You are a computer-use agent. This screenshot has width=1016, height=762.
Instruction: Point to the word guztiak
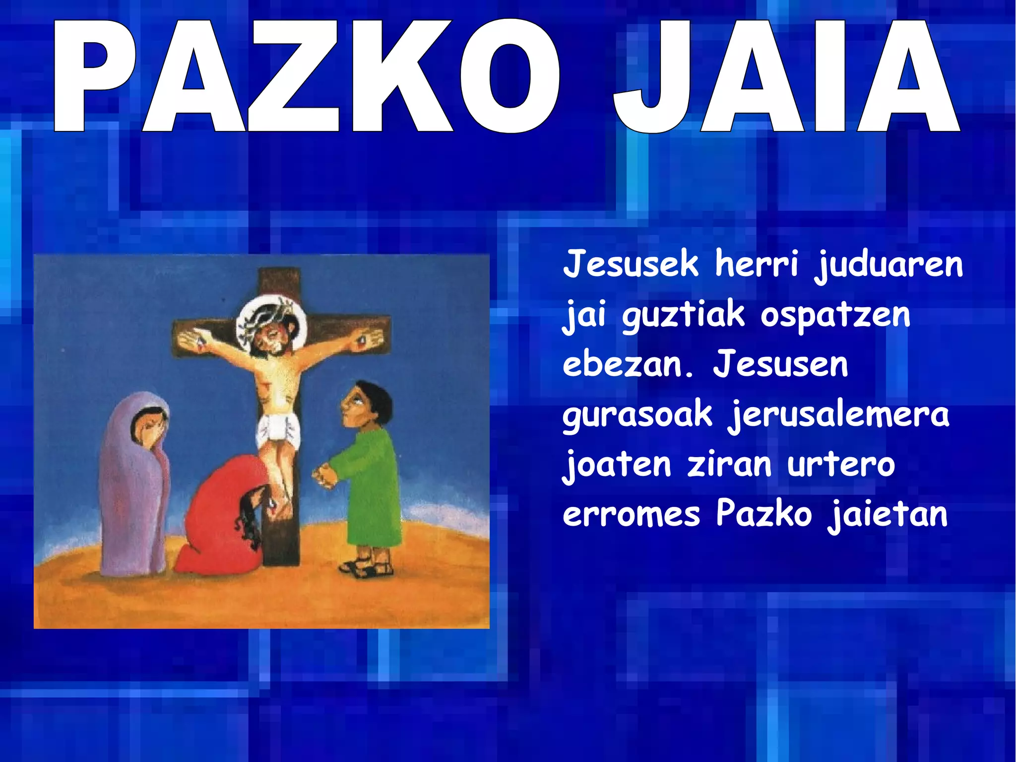pos(683,316)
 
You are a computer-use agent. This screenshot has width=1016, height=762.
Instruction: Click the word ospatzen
pos(835,316)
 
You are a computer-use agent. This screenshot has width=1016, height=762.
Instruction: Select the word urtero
pos(841,465)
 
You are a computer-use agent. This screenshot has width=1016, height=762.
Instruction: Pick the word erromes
pos(631,514)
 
